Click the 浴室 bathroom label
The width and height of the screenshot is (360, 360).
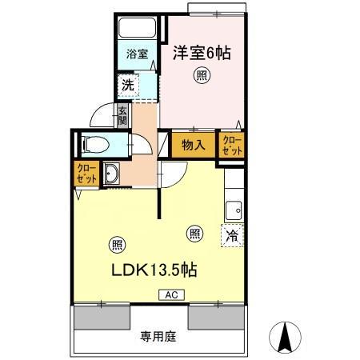click(x=137, y=54)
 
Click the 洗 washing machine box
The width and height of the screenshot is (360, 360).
click(x=128, y=84)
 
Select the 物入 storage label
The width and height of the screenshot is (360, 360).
click(x=193, y=145)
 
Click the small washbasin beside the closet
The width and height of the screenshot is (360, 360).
click(x=111, y=174)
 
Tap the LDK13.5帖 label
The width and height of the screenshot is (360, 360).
click(x=154, y=269)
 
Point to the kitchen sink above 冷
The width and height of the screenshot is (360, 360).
click(x=234, y=210)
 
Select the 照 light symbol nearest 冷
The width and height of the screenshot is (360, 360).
click(x=194, y=233)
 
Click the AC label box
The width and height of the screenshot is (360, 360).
click(x=170, y=294)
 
